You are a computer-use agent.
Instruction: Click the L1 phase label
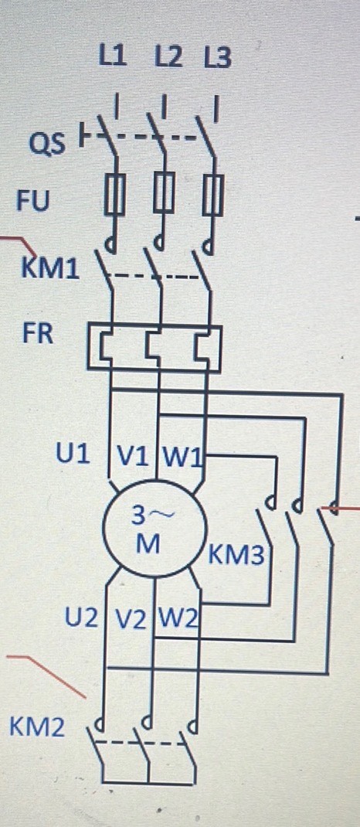click(x=114, y=56)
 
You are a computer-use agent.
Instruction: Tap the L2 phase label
click(x=168, y=57)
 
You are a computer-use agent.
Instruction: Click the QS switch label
click(x=47, y=143)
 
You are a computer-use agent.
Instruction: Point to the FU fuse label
click(x=34, y=201)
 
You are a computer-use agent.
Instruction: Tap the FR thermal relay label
click(x=37, y=334)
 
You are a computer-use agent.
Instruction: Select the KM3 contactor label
click(x=236, y=555)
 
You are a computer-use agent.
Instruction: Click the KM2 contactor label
click(x=37, y=728)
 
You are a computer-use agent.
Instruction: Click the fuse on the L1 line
click(x=114, y=195)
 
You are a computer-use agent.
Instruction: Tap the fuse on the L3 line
click(x=213, y=195)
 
